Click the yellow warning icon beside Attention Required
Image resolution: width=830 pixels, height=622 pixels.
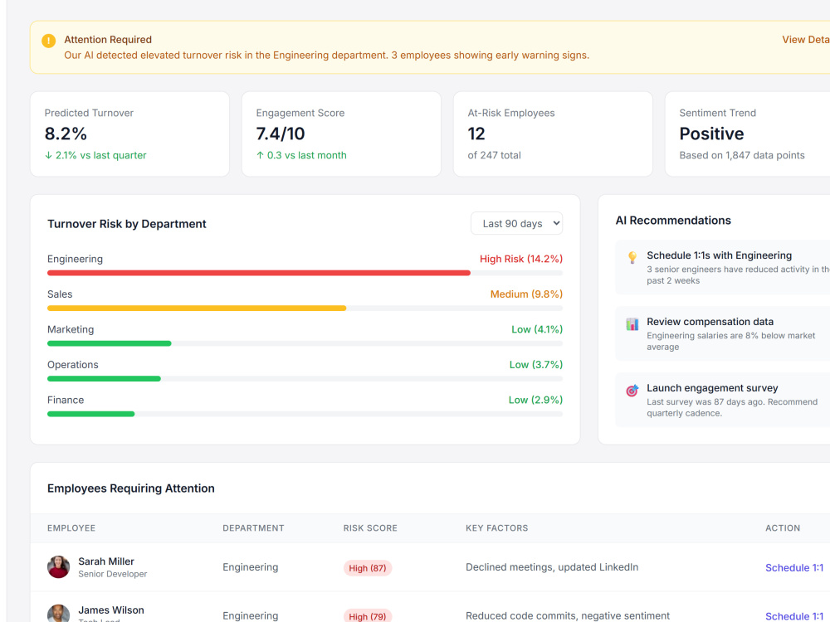click(49, 41)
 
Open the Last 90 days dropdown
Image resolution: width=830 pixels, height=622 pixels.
click(516, 223)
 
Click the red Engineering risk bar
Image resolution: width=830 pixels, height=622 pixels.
click(259, 273)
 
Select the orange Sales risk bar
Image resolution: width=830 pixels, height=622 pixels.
click(197, 308)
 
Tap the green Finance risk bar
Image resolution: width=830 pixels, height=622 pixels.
click(90, 414)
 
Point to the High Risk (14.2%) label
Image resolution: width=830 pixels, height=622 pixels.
click(521, 259)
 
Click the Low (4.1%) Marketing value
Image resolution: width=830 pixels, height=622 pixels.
click(537, 329)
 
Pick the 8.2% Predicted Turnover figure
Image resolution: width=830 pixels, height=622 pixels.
click(66, 134)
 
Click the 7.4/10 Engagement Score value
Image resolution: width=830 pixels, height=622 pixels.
click(281, 134)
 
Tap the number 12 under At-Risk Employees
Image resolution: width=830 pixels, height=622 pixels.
click(476, 134)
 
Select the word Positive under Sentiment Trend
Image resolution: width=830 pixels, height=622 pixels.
click(711, 134)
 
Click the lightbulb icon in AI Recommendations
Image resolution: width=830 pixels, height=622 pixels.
click(632, 257)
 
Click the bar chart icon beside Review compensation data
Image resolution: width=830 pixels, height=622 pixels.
click(632, 323)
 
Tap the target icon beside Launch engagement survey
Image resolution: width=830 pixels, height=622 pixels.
click(632, 391)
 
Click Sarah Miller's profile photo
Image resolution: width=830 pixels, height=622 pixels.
click(58, 566)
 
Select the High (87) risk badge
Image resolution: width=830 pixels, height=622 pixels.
click(368, 567)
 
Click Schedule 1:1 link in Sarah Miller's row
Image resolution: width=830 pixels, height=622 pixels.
click(794, 567)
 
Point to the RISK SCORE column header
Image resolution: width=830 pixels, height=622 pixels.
click(370, 527)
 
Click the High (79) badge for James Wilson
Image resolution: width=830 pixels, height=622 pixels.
click(368, 616)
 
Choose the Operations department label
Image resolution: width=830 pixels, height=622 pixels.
click(72, 364)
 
